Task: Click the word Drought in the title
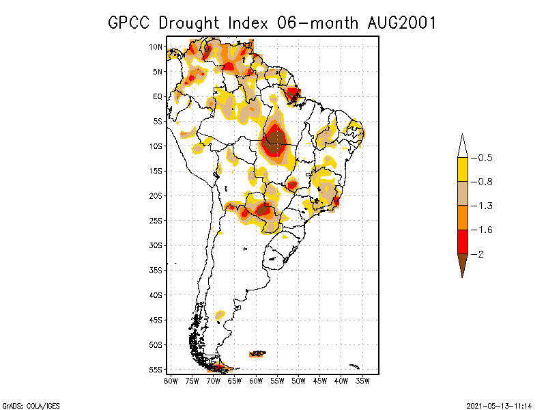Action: [189, 23]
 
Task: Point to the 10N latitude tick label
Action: [156, 47]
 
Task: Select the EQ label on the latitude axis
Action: [158, 97]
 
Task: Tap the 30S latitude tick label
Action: [156, 245]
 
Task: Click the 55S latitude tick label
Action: [156, 370]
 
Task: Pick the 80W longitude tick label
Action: [171, 381]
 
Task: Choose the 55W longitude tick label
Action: [277, 381]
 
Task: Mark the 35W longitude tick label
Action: [362, 381]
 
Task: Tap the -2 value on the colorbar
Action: [480, 254]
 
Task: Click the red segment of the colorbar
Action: [462, 241]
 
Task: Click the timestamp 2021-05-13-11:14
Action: [499, 405]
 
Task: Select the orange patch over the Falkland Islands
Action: [257, 353]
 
